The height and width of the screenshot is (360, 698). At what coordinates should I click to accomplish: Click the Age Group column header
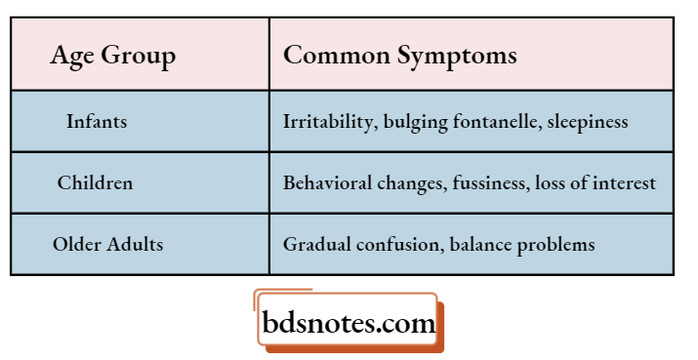(x=113, y=56)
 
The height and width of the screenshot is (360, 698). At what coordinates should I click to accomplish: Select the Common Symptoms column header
(x=399, y=55)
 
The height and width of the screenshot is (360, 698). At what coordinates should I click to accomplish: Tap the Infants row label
(x=97, y=122)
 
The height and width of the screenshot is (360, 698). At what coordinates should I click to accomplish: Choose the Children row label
(x=95, y=182)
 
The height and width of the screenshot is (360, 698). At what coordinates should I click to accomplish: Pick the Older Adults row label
(x=107, y=244)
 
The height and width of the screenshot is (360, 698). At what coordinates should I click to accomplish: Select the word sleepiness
(x=588, y=122)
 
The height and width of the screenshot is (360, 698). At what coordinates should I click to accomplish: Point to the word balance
(x=480, y=244)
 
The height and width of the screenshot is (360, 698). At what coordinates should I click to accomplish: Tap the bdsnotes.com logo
(x=349, y=323)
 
